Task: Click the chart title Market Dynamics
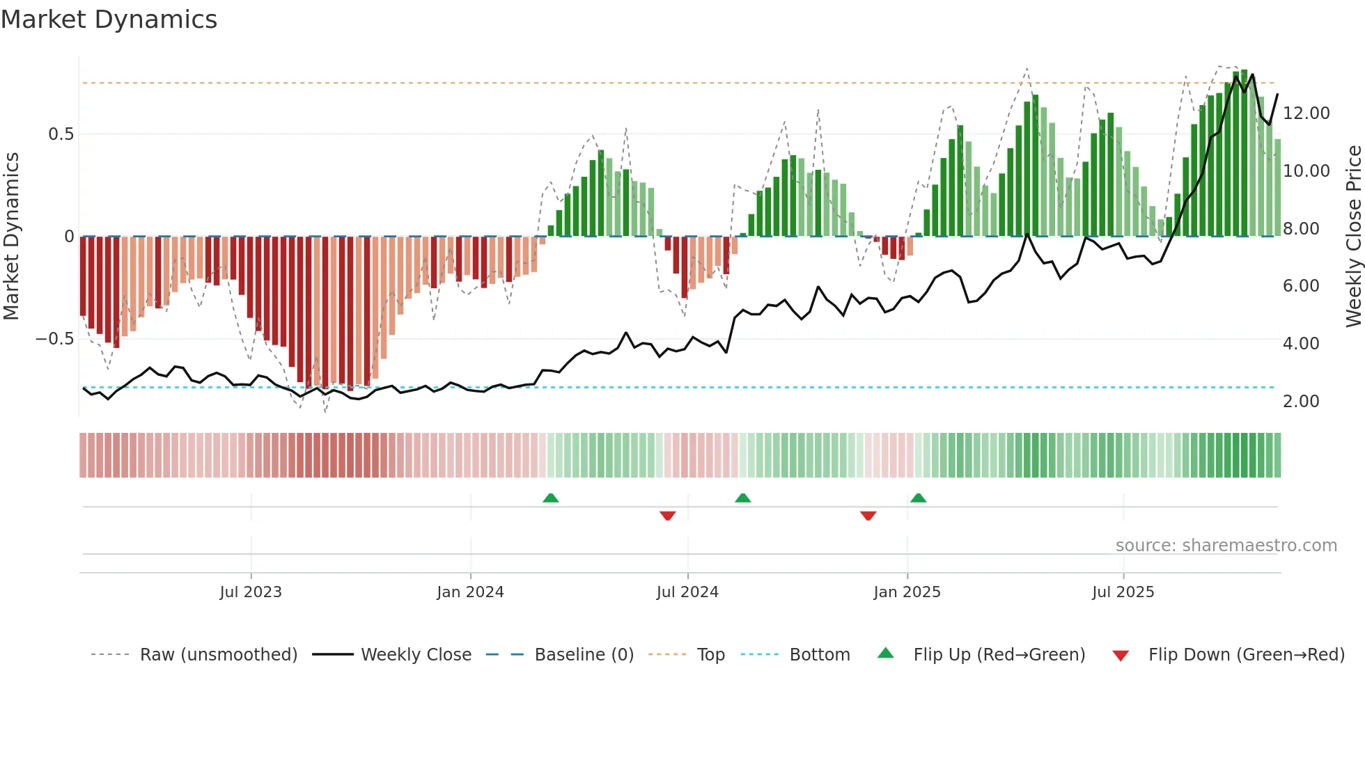click(109, 19)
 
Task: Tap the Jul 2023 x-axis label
click(251, 592)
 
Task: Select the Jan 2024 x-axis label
click(470, 592)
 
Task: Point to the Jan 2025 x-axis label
click(907, 592)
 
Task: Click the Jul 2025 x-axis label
click(1123, 592)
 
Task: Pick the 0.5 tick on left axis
click(61, 134)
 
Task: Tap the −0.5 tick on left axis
click(54, 339)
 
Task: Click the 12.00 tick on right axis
click(1306, 113)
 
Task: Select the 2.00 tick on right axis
click(1300, 402)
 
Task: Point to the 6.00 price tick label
click(1300, 286)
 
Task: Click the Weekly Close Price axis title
click(1353, 237)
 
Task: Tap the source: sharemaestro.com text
click(1226, 546)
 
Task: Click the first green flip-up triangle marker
click(551, 498)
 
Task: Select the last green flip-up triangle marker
click(918, 498)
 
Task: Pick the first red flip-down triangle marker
click(667, 516)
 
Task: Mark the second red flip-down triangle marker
click(868, 516)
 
